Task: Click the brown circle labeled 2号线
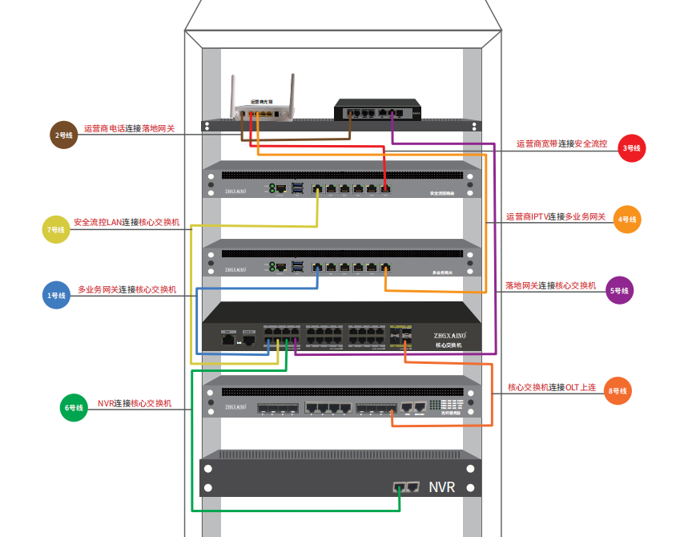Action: point(64,135)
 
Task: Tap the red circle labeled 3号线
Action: point(632,148)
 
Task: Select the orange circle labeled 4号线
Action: point(627,220)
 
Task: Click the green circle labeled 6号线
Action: point(74,408)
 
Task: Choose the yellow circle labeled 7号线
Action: point(56,230)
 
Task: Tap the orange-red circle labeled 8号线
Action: point(617,391)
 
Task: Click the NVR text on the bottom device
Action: point(442,487)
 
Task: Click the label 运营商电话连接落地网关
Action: point(129,128)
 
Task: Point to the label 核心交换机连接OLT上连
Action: point(552,387)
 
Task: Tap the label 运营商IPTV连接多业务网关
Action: point(556,216)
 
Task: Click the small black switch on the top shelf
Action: point(377,110)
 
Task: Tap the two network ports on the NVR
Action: point(407,487)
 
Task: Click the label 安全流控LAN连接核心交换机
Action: point(127,222)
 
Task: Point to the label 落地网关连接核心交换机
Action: point(550,285)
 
